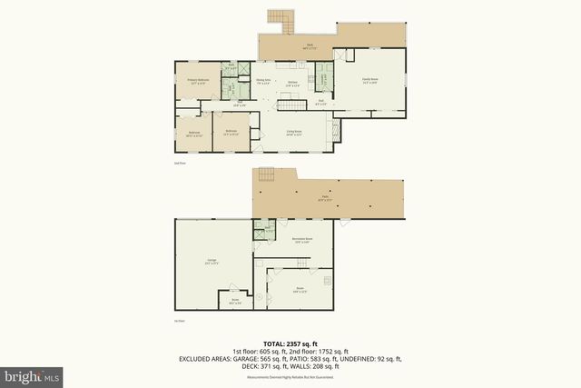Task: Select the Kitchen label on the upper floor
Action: tap(292, 84)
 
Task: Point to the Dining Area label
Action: tap(263, 82)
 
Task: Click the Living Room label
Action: tap(293, 133)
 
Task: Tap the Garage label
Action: tap(212, 262)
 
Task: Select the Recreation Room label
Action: tap(301, 240)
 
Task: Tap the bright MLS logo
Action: tap(31, 374)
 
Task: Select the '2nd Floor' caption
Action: tap(179, 164)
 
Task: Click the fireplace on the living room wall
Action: tap(334, 133)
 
